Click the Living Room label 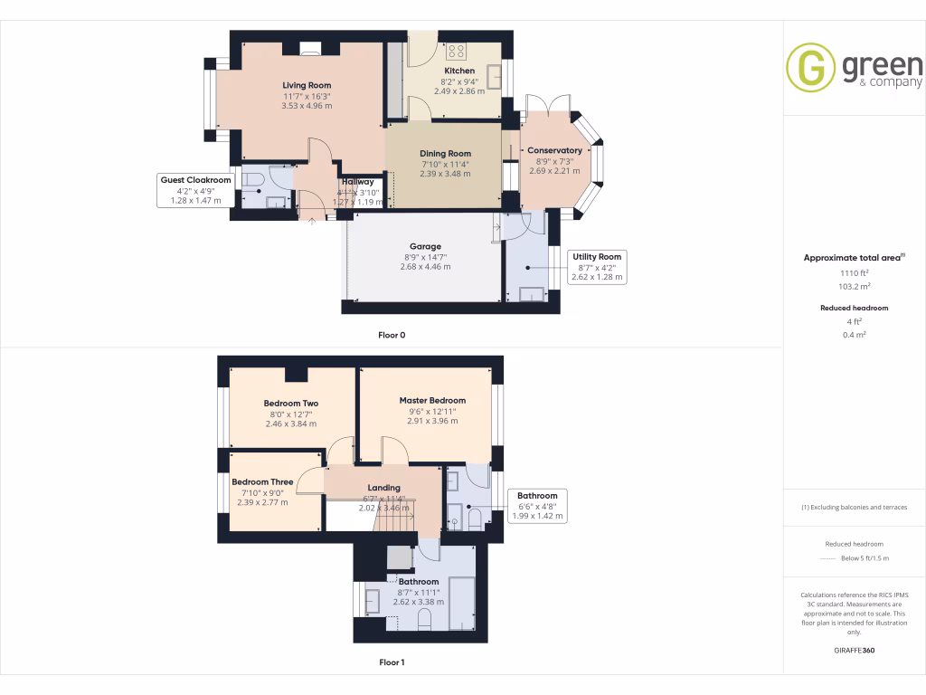tap(307, 85)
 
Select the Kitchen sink tap(495, 77)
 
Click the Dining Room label tap(445, 154)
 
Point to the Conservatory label tap(554, 150)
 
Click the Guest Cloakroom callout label tap(195, 180)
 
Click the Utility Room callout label tap(597, 257)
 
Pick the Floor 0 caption tap(392, 336)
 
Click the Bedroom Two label tap(290, 404)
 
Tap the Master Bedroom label tap(432, 400)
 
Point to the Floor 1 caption tap(392, 662)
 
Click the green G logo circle tap(810, 67)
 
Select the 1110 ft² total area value tap(854, 272)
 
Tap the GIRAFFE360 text tap(854, 651)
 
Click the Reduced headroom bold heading tap(854, 308)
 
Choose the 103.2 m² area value tap(854, 286)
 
